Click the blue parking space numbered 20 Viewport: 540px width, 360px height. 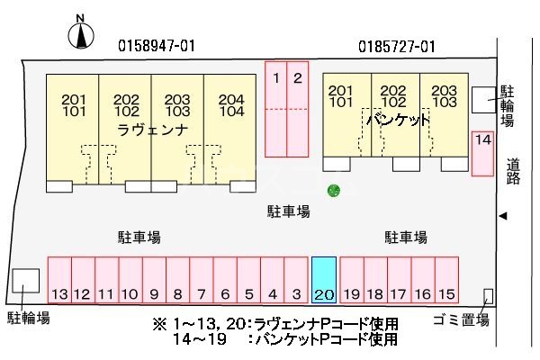click(324, 280)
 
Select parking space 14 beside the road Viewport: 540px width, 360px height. click(483, 153)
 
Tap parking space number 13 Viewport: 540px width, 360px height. click(59, 280)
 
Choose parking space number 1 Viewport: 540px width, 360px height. click(276, 108)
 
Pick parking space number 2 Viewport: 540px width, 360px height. click(298, 108)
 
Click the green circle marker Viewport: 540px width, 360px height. click(333, 190)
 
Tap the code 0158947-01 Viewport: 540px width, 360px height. click(157, 45)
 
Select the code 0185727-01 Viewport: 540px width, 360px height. click(397, 45)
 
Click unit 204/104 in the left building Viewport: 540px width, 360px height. click(230, 106)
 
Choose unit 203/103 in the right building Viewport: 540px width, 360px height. click(444, 96)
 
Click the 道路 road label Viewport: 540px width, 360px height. click(513, 171)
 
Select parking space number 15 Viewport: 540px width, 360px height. click(446, 280)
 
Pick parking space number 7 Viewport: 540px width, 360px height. click(201, 280)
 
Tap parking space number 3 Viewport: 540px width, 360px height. click(295, 280)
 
